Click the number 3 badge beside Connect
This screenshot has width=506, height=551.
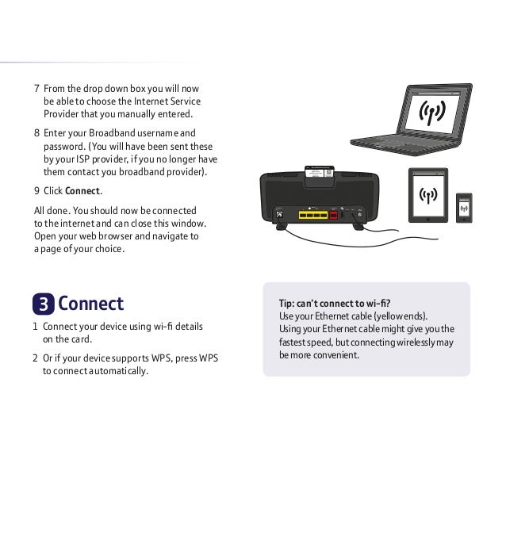point(43,304)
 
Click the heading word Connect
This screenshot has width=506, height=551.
point(90,304)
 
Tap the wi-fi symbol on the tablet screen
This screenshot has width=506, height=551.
point(427,196)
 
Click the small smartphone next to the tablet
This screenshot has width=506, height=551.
point(465,207)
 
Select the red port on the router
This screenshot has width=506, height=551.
point(333,213)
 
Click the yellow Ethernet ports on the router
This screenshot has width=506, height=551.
point(312,214)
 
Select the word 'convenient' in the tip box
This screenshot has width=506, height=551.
point(335,355)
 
